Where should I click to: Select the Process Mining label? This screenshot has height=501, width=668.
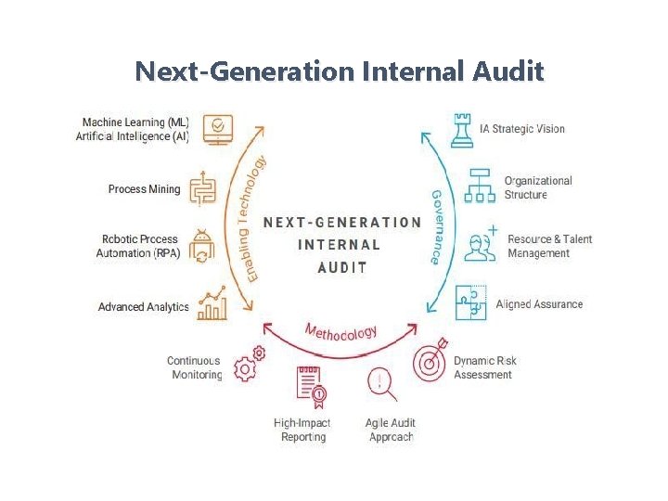[x=144, y=189]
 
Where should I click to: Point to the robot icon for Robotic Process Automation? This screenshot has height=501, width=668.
[x=202, y=247]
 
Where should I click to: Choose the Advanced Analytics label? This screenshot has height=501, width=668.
[x=143, y=307]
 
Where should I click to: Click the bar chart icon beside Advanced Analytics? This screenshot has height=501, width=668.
[x=212, y=302]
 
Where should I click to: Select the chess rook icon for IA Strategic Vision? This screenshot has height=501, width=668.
[x=461, y=130]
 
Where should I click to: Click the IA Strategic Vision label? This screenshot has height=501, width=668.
[x=521, y=129]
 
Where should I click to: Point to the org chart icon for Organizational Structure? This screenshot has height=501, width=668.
[x=480, y=186]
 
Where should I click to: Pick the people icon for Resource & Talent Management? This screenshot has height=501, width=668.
[x=481, y=245]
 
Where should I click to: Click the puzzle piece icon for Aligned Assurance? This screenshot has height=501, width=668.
[x=470, y=302]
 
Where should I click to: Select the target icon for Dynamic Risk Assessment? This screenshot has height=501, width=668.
[x=430, y=361]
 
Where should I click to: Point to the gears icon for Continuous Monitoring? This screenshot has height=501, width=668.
[x=249, y=365]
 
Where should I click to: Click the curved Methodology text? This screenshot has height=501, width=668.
[x=340, y=331]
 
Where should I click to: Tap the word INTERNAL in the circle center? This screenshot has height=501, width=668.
[x=339, y=245]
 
